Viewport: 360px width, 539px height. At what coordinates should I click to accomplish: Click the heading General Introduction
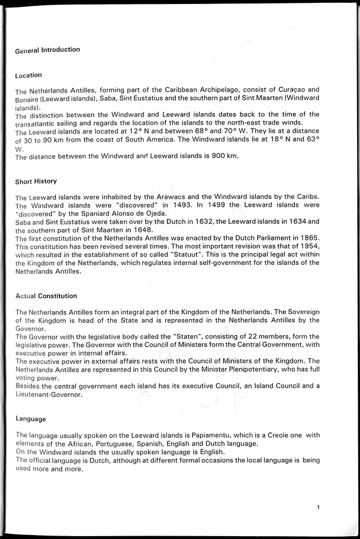[47, 50]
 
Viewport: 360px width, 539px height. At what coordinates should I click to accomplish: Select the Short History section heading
[36, 182]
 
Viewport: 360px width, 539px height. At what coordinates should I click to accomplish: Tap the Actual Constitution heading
[46, 296]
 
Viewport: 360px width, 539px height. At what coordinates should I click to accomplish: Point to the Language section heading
[31, 419]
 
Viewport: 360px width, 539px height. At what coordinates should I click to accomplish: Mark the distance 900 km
[221, 156]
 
